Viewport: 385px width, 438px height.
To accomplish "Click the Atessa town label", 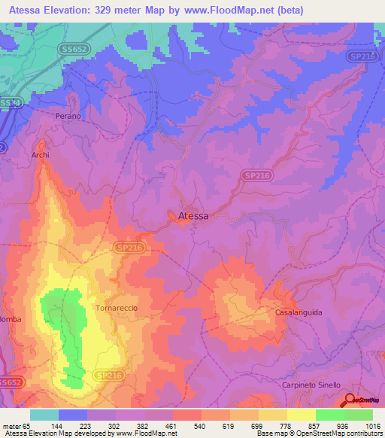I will click(193, 216).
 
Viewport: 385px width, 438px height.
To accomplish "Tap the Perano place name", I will click(68, 117).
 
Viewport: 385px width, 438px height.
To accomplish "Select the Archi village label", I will click(40, 155).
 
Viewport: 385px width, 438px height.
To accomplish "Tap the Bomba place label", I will click(11, 340).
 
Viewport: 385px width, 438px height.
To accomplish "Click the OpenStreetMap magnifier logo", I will click(350, 400).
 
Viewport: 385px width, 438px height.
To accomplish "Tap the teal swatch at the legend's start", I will click(44, 415).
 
